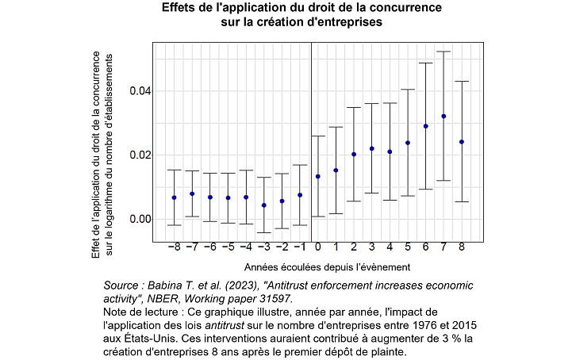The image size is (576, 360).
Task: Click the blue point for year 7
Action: (444, 117)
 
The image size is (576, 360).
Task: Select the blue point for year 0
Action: (318, 176)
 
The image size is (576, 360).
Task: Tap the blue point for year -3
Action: (264, 205)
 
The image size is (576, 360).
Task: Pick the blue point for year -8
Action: (174, 197)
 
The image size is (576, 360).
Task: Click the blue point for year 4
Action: (390, 151)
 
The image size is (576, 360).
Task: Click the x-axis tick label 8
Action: (462, 247)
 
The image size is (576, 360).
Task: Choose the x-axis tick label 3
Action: (372, 247)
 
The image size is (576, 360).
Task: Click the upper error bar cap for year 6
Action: (426, 63)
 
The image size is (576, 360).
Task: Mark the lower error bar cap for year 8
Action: (462, 202)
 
